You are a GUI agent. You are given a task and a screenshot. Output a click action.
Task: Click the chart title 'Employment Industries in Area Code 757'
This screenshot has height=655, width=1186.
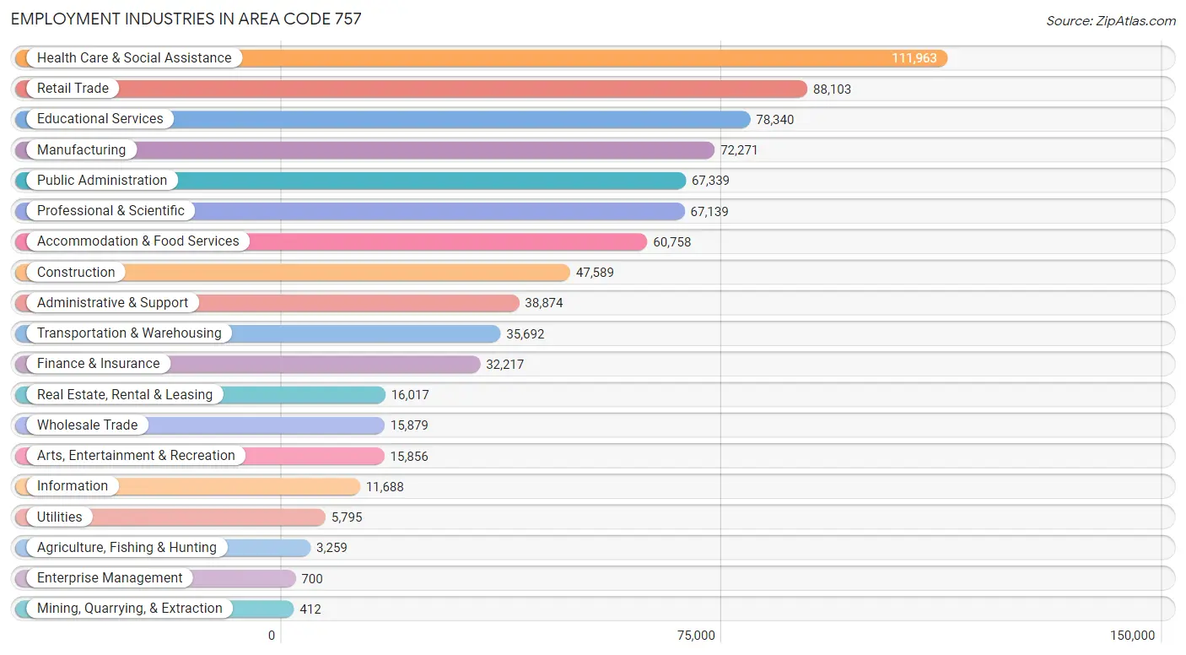coord(186,19)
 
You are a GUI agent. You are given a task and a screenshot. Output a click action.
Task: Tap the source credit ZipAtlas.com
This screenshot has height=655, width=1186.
coord(1110,20)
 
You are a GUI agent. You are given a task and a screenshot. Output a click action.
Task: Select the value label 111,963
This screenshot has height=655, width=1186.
coord(914,58)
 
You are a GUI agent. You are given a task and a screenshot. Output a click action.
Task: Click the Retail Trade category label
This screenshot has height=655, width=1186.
coord(73,89)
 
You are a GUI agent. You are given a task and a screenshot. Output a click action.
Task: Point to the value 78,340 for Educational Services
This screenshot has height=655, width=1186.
coord(774,120)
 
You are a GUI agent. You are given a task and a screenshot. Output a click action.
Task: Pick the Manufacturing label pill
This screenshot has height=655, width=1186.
coord(81,150)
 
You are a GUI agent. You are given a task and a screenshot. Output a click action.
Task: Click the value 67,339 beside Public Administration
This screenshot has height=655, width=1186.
coord(710,181)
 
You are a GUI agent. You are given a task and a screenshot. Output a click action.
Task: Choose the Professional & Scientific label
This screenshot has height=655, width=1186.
coord(111,211)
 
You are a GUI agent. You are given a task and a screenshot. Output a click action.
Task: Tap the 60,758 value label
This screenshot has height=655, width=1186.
coord(671,242)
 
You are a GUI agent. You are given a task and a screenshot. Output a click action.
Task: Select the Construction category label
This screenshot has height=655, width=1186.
coord(76,273)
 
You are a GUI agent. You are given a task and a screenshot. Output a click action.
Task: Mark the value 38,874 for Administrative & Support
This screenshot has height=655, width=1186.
coord(544,303)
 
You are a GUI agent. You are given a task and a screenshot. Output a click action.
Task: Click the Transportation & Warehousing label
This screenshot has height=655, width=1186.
coord(129,333)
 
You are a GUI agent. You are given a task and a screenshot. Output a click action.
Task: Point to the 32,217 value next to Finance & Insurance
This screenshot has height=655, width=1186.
coord(504,365)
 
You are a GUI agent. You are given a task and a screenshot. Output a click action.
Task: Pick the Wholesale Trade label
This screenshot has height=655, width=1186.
coord(87,425)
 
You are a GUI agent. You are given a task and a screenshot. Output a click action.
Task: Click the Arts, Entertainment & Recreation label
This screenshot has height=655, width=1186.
coord(136,456)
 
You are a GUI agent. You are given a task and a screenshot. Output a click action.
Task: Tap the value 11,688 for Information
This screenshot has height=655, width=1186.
coord(384,487)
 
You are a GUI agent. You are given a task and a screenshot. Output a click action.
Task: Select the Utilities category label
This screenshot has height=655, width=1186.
coord(60,517)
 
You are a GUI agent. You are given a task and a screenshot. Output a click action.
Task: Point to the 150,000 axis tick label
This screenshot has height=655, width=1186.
coord(1132,636)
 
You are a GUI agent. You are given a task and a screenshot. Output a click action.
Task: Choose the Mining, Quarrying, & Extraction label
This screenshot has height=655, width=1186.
coord(129,609)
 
